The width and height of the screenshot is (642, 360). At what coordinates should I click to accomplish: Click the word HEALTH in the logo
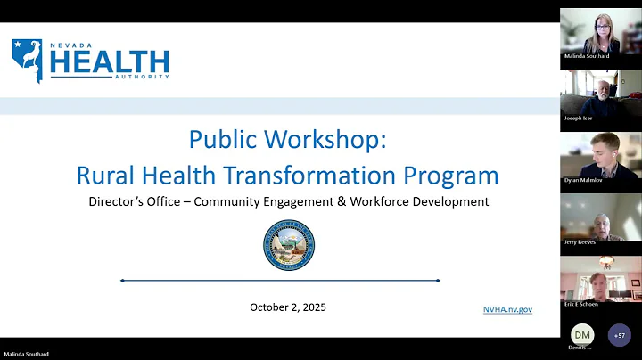click(110, 61)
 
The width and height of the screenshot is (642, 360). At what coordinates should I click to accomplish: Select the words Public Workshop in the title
click(287, 140)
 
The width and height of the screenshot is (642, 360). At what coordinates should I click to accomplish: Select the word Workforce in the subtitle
click(378, 201)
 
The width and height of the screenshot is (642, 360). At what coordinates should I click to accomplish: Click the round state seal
click(288, 245)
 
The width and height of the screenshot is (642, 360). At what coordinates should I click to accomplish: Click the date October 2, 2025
click(287, 307)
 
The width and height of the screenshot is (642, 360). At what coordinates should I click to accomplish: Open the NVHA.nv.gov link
click(507, 308)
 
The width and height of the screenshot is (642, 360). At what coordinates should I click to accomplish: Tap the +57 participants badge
click(619, 335)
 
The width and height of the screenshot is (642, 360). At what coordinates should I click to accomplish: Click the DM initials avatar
click(581, 334)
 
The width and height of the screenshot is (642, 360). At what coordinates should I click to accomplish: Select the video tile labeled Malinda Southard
click(600, 35)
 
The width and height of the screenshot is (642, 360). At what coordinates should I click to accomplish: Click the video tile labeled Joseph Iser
click(600, 96)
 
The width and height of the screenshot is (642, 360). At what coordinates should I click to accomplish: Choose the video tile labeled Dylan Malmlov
click(600, 158)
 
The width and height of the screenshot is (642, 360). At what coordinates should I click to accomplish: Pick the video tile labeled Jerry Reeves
click(600, 219)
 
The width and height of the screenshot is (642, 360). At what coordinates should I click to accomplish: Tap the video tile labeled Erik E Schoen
click(600, 281)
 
